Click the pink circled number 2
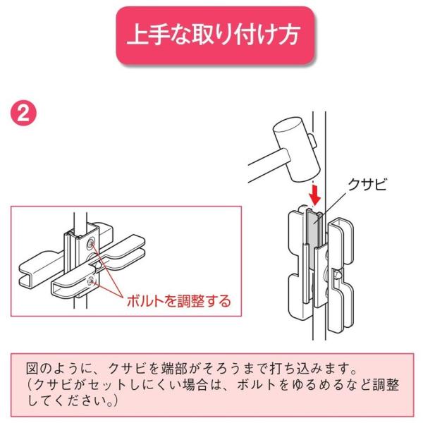point(23,114)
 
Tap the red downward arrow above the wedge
point(314,195)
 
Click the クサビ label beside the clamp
point(367,185)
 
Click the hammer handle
point(267,166)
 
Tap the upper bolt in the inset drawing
point(91,243)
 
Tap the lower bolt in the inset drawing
point(91,281)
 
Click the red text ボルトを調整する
point(178,300)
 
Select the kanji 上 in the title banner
point(137,35)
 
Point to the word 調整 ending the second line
point(386,385)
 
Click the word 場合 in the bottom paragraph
point(195,385)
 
